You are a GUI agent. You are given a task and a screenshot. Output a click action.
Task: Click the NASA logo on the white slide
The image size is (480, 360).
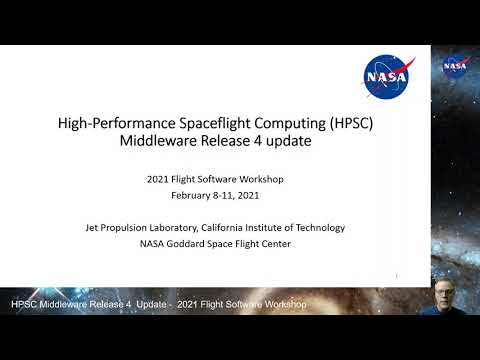(385, 73)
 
